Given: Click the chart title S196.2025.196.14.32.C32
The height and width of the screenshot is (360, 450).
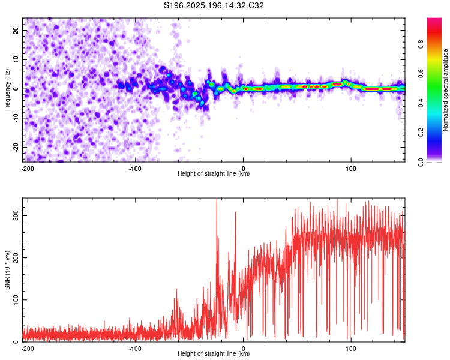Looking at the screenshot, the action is point(214,5).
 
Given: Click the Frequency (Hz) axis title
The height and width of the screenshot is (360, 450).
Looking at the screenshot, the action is point(7,90).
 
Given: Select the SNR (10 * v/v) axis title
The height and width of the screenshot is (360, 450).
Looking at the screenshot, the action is point(7,270).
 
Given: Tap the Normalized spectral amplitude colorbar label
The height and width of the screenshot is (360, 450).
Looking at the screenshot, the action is point(445,90).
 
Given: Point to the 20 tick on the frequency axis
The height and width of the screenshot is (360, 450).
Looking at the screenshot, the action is point(16,30).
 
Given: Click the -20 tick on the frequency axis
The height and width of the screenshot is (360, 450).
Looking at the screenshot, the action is point(16,147).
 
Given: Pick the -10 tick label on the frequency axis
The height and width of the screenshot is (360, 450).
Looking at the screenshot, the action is point(16,118).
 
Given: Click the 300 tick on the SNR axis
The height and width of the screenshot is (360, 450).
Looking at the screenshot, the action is point(16,215).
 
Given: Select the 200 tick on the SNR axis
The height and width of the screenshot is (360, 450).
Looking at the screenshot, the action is point(16,257).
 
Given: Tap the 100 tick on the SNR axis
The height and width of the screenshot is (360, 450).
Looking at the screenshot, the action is point(16,300).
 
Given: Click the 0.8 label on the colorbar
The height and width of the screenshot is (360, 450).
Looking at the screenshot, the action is point(421,44).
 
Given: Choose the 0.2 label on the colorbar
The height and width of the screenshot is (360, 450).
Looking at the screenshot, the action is point(421,133).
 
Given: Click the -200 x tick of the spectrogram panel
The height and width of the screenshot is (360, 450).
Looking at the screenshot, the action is point(28,169).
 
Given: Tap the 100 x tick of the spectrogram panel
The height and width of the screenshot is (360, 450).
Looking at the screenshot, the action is point(351,169).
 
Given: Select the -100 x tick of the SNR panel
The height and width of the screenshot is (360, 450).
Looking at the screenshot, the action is point(135,349).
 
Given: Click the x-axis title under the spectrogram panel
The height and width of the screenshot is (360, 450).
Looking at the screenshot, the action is point(214,173).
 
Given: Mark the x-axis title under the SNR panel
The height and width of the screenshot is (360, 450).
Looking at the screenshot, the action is point(214,353).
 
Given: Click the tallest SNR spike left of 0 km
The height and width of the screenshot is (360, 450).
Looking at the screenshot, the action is point(217,199).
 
